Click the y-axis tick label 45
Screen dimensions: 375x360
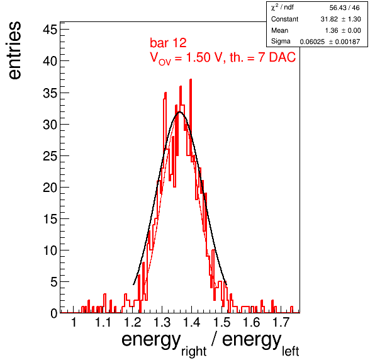(x=50, y=30)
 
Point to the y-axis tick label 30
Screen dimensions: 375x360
(x=50, y=125)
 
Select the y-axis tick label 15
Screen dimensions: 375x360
(x=50, y=219)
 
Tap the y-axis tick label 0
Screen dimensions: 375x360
(x=54, y=313)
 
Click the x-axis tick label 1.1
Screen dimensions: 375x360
(x=103, y=322)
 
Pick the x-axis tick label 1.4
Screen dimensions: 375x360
(x=191, y=322)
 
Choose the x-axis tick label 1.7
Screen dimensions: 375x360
(x=281, y=322)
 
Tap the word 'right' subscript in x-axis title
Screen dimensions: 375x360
(x=194, y=352)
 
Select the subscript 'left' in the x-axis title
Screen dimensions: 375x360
(x=291, y=351)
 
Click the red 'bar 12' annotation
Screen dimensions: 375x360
(x=168, y=43)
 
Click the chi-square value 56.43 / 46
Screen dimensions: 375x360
(x=344, y=8)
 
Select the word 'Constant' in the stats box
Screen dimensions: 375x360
(x=284, y=19)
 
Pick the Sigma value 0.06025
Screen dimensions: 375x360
(x=312, y=42)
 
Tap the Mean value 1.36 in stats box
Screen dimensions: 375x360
(x=332, y=30)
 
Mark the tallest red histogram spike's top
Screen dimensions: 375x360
(x=191, y=79)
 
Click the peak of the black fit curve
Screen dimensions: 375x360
(x=180, y=111)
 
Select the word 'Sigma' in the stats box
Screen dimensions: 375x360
(x=281, y=42)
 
